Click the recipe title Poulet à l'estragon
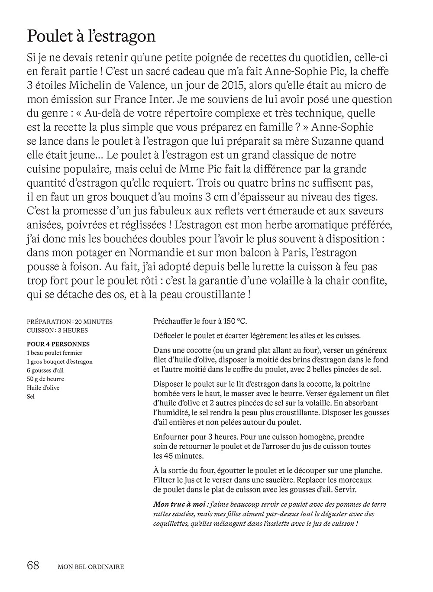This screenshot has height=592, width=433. coord(91,36)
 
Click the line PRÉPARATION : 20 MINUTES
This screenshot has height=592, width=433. coord(69,322)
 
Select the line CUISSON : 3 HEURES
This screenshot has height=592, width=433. coord(57,330)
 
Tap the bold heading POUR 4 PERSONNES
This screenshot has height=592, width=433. coord(58,344)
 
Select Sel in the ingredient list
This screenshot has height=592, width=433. coord(31,396)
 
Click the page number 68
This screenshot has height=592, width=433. coord(33,565)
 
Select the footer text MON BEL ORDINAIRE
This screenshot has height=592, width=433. coord(91,566)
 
